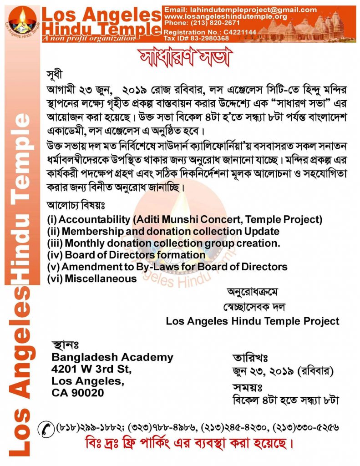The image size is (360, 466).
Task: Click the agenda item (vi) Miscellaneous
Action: click(91, 278)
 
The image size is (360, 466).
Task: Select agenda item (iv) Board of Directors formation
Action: click(126, 255)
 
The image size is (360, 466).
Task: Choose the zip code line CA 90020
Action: click(78, 392)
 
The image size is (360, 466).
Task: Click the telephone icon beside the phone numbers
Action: click(46, 427)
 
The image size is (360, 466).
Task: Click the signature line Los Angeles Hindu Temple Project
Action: click(252, 321)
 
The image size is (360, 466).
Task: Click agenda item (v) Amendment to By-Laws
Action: click(167, 267)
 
